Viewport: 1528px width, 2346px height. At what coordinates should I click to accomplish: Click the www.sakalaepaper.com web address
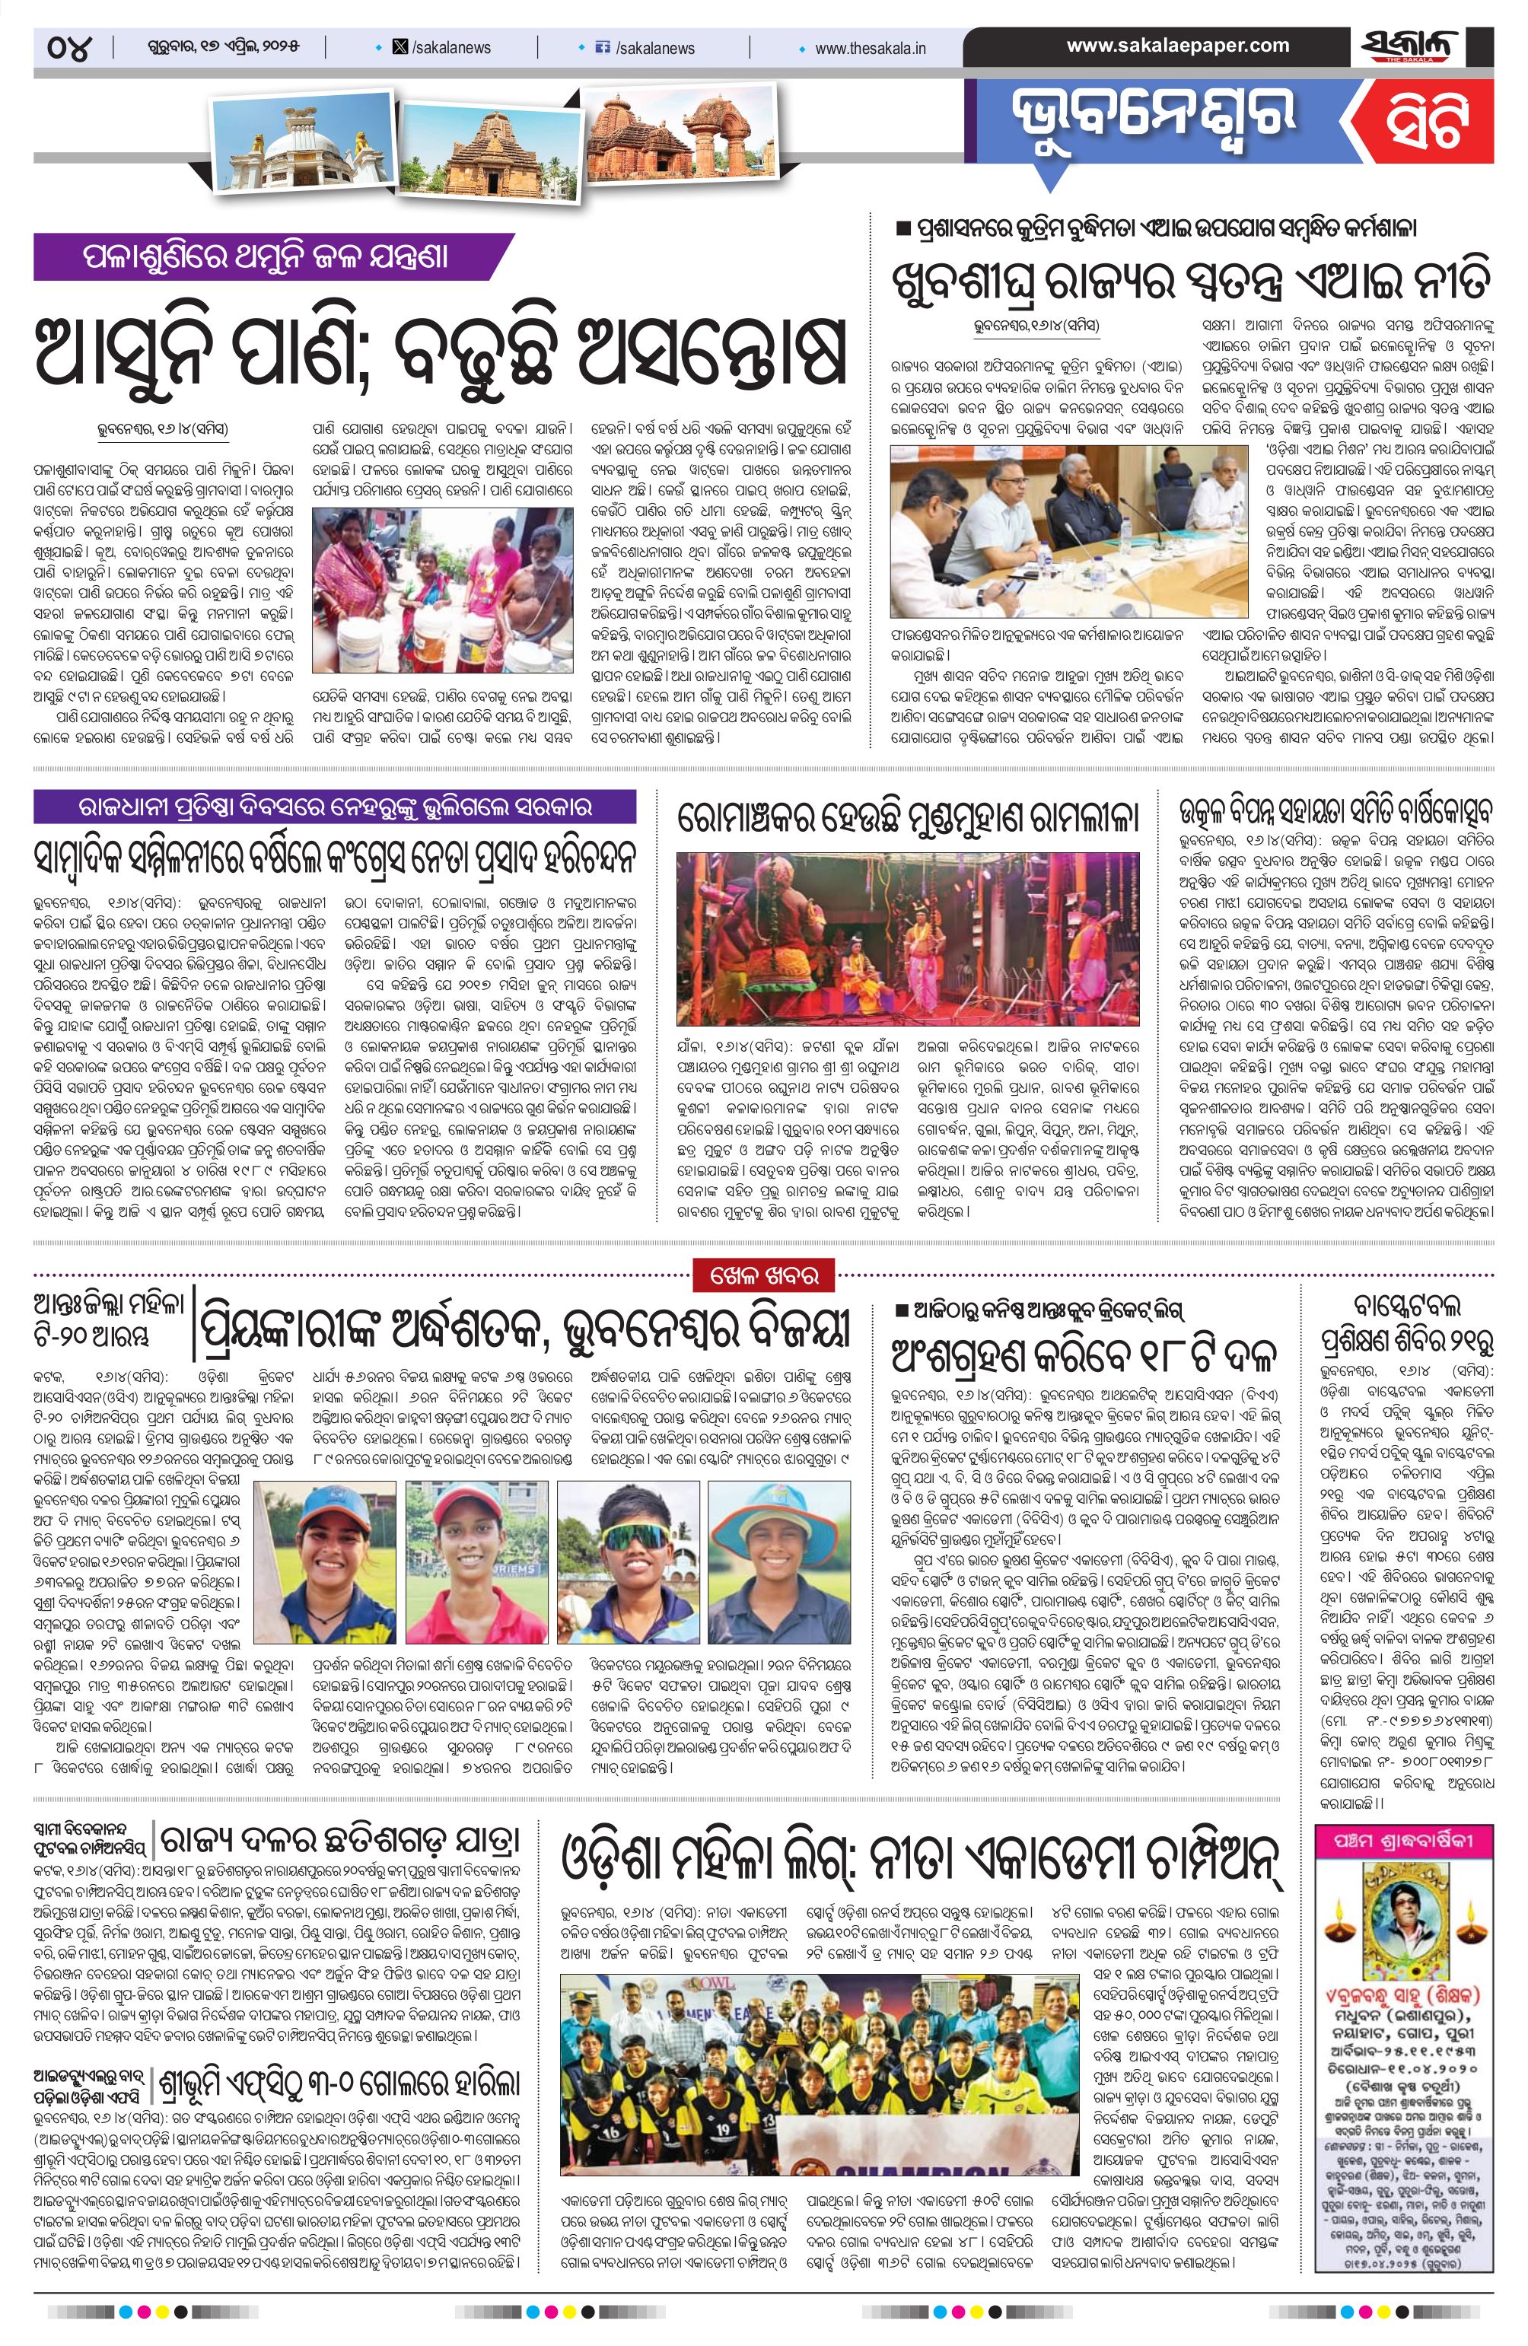pos(1178,46)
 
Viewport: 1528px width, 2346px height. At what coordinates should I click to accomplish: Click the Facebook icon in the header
pos(603,47)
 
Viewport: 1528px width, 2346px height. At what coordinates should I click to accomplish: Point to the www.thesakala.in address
pos(870,47)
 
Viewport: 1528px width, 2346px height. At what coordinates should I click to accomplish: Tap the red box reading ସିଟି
pos(1425,126)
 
